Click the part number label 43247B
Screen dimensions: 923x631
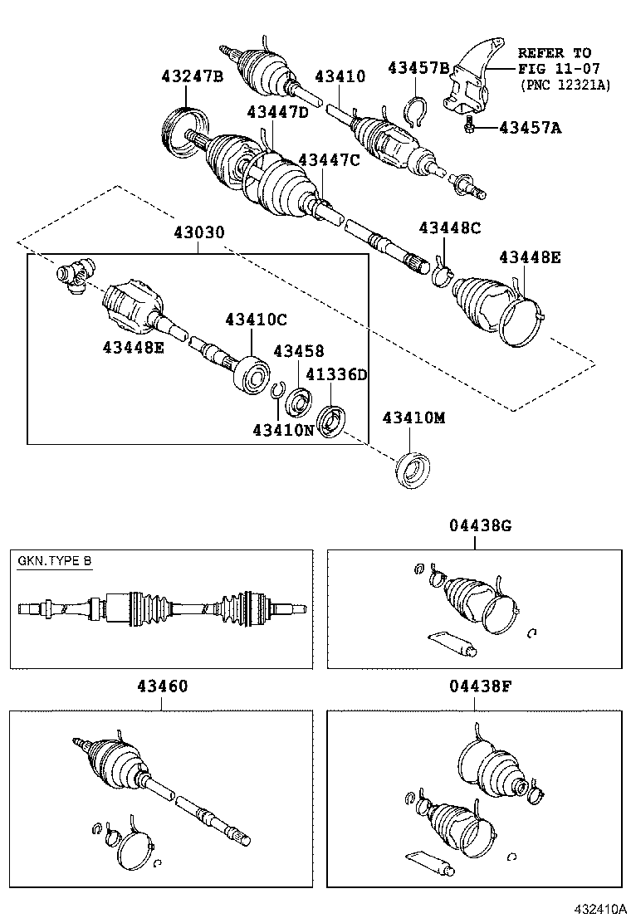(192, 77)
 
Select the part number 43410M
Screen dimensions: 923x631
(413, 418)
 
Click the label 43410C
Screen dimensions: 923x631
(256, 320)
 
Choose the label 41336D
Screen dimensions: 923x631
(336, 375)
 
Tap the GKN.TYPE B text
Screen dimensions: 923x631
(55, 561)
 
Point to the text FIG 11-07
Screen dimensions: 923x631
(555, 68)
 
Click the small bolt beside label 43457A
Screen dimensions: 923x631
(471, 125)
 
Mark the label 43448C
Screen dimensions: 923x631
(449, 227)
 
